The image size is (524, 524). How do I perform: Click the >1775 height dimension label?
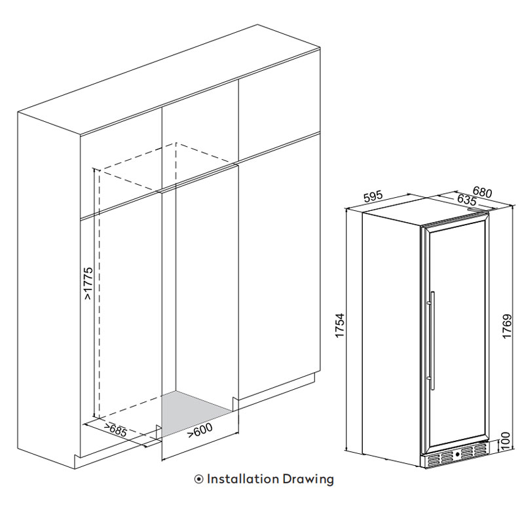point(88,283)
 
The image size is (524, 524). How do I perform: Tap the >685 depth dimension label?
point(115,430)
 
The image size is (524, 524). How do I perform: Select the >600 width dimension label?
point(200,430)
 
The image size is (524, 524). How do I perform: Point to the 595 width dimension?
point(373,196)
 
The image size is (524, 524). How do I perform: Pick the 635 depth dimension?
point(466,200)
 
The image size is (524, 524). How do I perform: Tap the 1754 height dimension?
point(339,325)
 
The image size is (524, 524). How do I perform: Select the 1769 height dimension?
point(507,326)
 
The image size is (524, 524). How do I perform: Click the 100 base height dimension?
point(505,441)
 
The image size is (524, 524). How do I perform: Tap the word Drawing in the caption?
point(308,479)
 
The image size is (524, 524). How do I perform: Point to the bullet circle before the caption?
point(199,479)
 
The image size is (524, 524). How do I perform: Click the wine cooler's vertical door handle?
point(433,340)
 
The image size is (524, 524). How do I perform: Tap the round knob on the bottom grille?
point(457,455)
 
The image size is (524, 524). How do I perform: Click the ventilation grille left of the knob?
point(440,458)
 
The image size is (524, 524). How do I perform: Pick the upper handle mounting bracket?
point(429,303)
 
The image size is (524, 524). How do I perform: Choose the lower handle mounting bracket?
point(429,378)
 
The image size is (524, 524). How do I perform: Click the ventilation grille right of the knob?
point(473,451)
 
